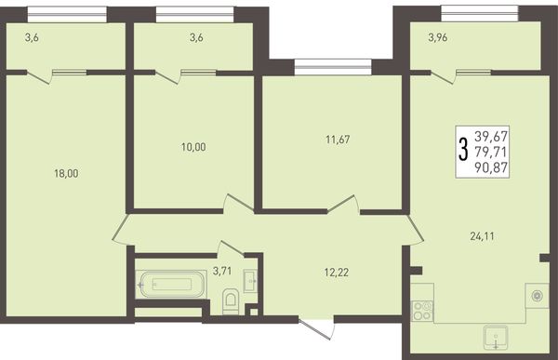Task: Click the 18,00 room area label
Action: pyautogui.click(x=66, y=173)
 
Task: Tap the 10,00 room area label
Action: pyautogui.click(x=193, y=147)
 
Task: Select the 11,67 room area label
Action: pyautogui.click(x=338, y=140)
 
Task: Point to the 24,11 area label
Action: pyautogui.click(x=482, y=236)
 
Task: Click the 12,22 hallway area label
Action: pyautogui.click(x=337, y=273)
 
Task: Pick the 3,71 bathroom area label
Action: pyautogui.click(x=222, y=271)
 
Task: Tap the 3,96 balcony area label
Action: pyautogui.click(x=438, y=37)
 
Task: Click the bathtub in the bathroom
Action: pyautogui.click(x=171, y=284)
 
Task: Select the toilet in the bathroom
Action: pyautogui.click(x=231, y=301)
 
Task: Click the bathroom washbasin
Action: pyautogui.click(x=250, y=281)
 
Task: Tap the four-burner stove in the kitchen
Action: pyautogui.click(x=422, y=311)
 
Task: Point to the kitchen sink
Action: pyautogui.click(x=496, y=337)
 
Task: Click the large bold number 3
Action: pyautogui.click(x=462, y=150)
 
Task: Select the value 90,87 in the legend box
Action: pyautogui.click(x=491, y=167)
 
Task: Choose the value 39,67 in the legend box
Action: pyautogui.click(x=491, y=136)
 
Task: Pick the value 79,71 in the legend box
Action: pyautogui.click(x=491, y=152)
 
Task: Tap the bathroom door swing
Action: pyautogui.click(x=232, y=248)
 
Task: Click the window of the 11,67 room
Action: pyautogui.click(x=333, y=67)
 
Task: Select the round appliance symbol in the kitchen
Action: pyautogui.click(x=537, y=296)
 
